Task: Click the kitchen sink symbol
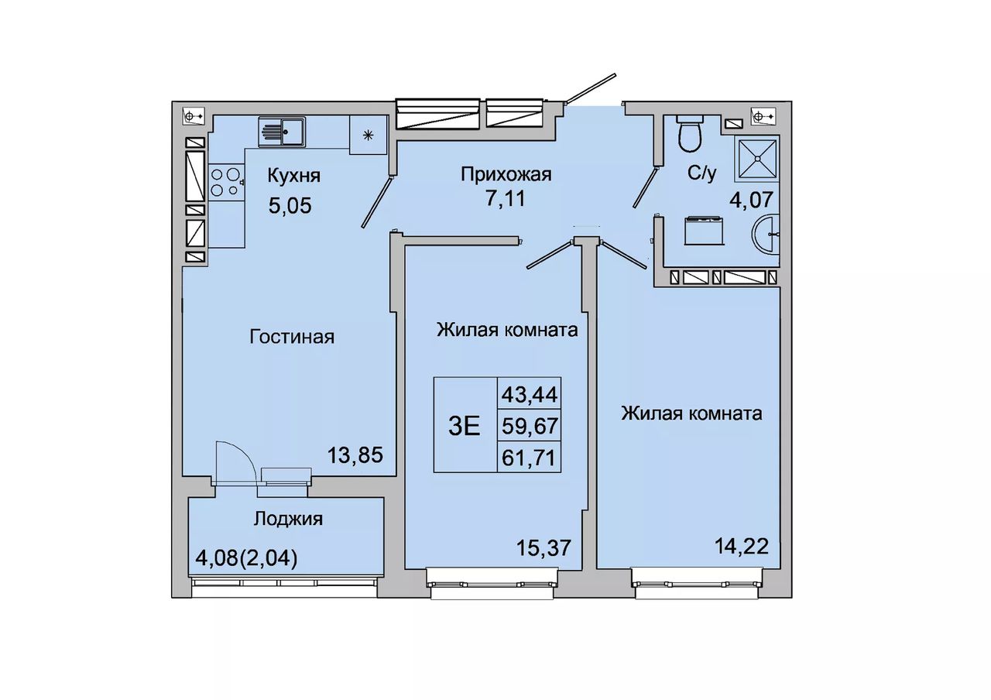point(282,132)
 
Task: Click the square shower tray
point(757,159)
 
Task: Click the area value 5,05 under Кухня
point(290,206)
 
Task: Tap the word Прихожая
point(506,175)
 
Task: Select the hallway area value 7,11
point(506,199)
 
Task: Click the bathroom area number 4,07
point(751,200)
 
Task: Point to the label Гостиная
point(292,337)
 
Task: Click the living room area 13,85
point(355,455)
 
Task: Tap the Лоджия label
point(288,519)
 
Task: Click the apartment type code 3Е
point(465,427)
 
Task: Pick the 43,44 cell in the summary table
point(530,394)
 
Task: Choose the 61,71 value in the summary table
point(529,458)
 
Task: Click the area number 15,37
point(544,547)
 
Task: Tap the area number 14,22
point(742,546)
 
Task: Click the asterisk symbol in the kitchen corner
point(368,136)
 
